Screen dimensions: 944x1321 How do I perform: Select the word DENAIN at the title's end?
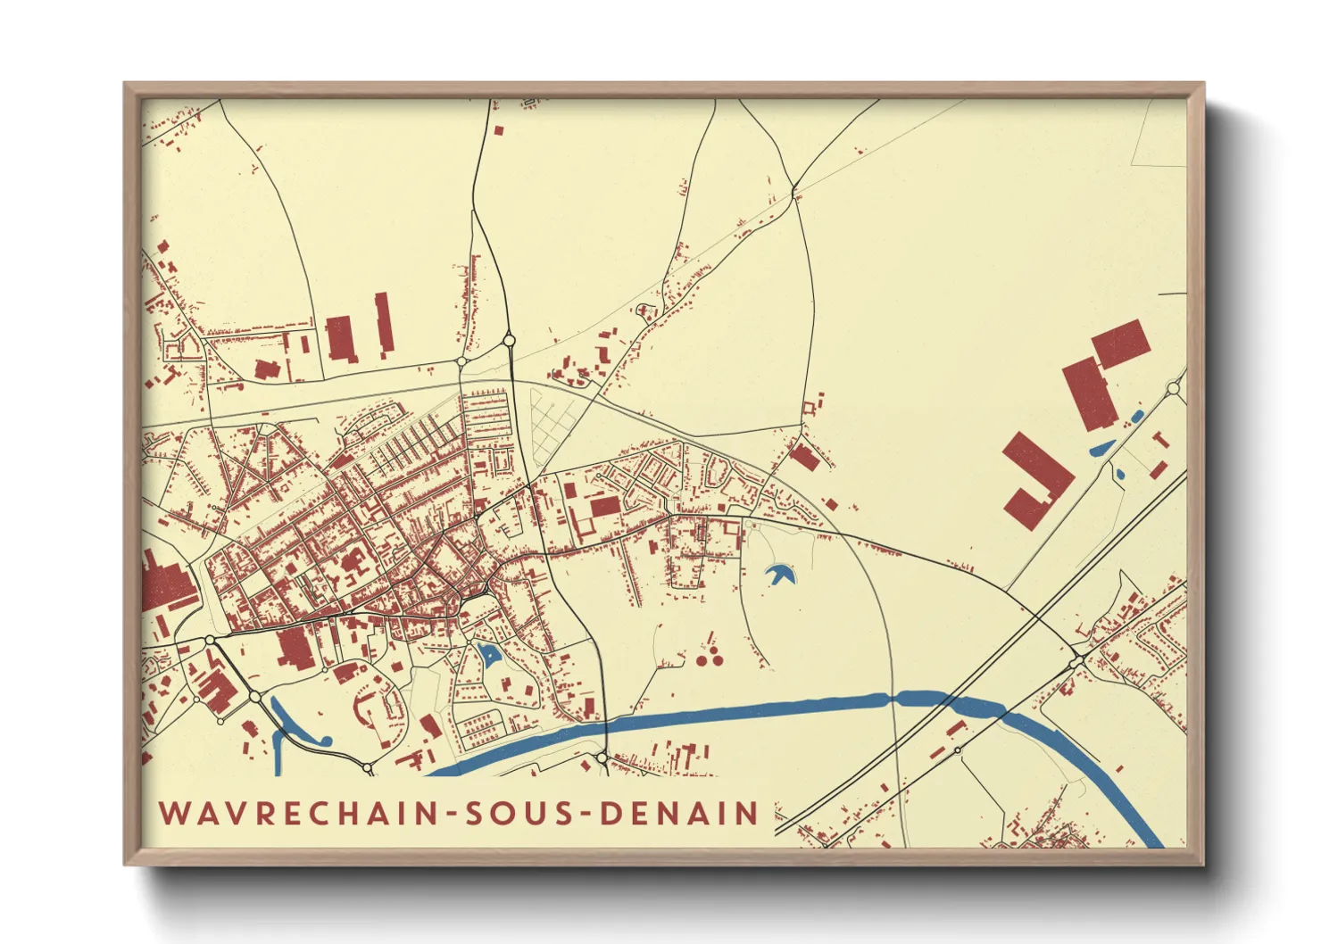click(679, 813)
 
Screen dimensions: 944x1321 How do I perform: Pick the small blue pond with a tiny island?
click(488, 655)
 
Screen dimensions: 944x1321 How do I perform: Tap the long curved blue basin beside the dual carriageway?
click(295, 727)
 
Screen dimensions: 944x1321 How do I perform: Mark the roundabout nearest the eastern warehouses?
click(1174, 388)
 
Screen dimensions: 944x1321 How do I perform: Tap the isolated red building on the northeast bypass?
click(805, 458)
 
